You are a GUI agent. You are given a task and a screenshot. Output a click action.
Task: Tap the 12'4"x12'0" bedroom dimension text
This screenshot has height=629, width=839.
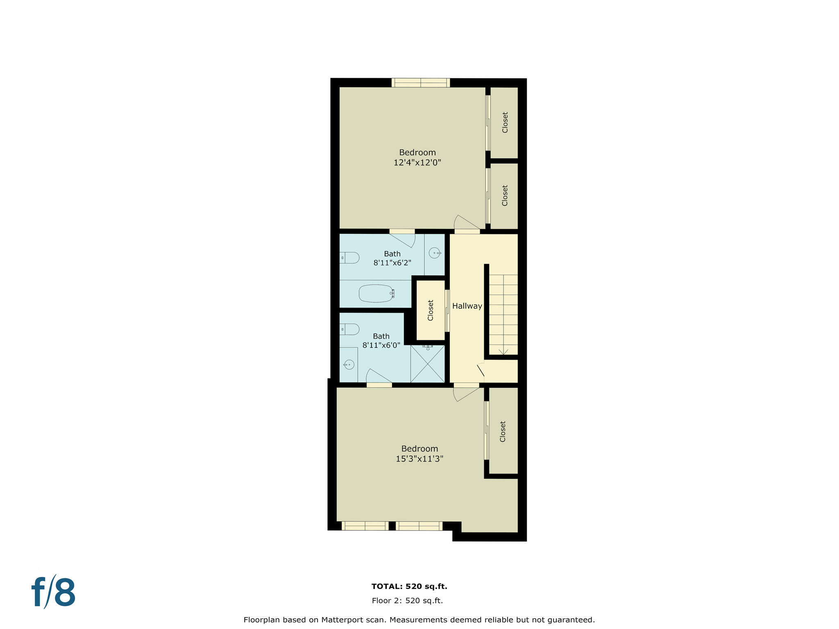pos(417,163)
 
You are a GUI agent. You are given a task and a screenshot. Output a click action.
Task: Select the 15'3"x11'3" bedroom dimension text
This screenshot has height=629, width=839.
pos(419,459)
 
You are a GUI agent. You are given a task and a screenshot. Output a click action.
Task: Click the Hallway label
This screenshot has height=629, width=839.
pos(467,306)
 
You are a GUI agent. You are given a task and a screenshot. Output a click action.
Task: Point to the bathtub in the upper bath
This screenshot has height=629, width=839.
pos(376,293)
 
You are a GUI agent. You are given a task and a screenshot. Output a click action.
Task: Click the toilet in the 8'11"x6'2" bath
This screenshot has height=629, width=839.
pos(350,258)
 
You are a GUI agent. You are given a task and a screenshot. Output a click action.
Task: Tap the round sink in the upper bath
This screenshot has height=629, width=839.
pos(434,253)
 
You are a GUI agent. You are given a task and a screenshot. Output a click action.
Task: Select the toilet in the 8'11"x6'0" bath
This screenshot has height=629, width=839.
pos(350,329)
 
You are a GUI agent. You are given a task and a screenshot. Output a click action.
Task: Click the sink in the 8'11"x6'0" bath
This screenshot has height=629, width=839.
pos(349,364)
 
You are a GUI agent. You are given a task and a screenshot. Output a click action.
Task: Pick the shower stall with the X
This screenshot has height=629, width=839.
pos(427,364)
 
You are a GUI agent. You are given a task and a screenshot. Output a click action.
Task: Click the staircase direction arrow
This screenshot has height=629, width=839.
pos(503,351)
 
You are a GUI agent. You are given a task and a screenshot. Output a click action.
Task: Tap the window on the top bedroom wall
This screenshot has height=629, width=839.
pos(420,83)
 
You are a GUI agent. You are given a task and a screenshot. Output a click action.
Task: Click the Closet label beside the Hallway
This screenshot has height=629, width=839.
pos(431,310)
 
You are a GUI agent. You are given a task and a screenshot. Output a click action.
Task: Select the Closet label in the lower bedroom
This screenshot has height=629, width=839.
pos(503,432)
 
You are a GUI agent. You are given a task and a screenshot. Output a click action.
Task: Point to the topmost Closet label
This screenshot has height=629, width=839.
pos(505,122)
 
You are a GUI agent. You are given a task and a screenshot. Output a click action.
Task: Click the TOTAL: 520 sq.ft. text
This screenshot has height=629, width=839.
pos(409,586)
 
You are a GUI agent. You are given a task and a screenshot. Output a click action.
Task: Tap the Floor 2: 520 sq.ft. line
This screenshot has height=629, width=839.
pos(407,601)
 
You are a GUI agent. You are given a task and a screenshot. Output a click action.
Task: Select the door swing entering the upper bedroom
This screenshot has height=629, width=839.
pos(467,223)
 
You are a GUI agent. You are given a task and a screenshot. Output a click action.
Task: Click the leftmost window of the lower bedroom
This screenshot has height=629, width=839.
pos(365,526)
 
